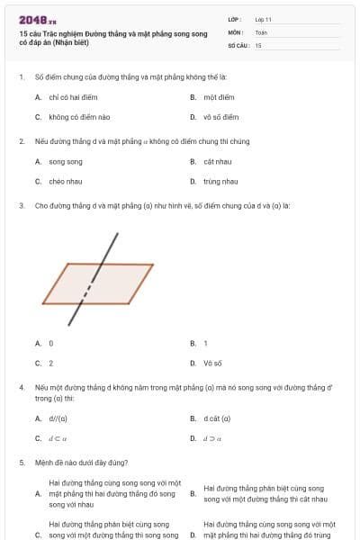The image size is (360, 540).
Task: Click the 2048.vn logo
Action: point(38,19)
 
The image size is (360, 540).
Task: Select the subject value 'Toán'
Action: point(261,31)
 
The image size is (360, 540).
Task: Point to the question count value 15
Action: point(258,44)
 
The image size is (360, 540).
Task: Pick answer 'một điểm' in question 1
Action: point(219,96)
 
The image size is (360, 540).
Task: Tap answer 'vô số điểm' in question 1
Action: point(221,116)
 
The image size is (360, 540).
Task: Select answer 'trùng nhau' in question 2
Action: point(220,181)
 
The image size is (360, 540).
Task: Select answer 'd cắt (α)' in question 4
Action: point(218,418)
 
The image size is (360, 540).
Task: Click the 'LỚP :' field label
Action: point(235,19)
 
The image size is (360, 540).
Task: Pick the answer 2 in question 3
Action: point(50,363)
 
